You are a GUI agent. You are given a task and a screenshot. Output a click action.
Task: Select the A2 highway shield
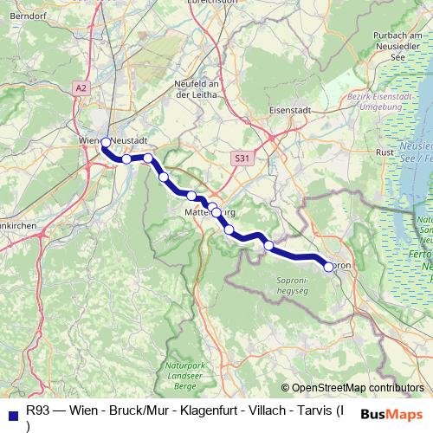click(x=81, y=88)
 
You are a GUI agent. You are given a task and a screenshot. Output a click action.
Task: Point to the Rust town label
click(x=385, y=152)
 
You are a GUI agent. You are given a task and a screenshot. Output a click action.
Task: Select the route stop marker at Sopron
click(x=329, y=267)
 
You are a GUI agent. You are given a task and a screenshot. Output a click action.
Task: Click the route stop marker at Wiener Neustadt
click(x=106, y=142)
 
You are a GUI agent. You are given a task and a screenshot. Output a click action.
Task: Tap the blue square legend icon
click(x=11, y=414)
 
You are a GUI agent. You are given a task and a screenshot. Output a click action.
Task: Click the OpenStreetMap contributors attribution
click(x=352, y=389)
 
